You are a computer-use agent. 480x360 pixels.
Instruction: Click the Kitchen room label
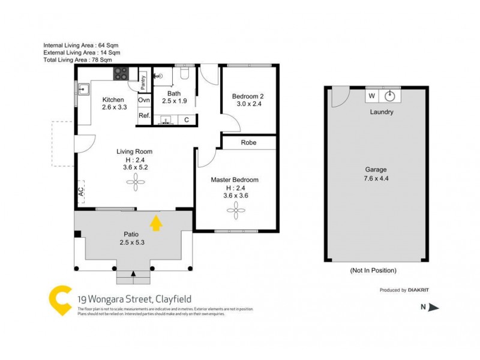(x=113, y=100)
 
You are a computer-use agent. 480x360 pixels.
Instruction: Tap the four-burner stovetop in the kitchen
(x=122, y=74)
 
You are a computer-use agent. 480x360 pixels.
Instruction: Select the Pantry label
(x=143, y=82)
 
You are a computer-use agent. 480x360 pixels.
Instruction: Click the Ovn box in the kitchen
(x=144, y=100)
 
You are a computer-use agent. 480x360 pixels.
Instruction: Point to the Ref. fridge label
(x=144, y=115)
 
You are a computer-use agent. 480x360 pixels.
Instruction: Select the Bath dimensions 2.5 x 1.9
(x=174, y=101)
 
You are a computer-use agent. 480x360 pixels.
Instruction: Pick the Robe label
(x=248, y=143)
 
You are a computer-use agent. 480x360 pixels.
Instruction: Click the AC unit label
(x=80, y=192)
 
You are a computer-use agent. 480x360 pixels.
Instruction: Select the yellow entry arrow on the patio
(x=156, y=223)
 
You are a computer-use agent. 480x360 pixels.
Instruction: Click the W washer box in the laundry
(x=371, y=96)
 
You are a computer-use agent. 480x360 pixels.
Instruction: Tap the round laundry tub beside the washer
(x=391, y=96)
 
